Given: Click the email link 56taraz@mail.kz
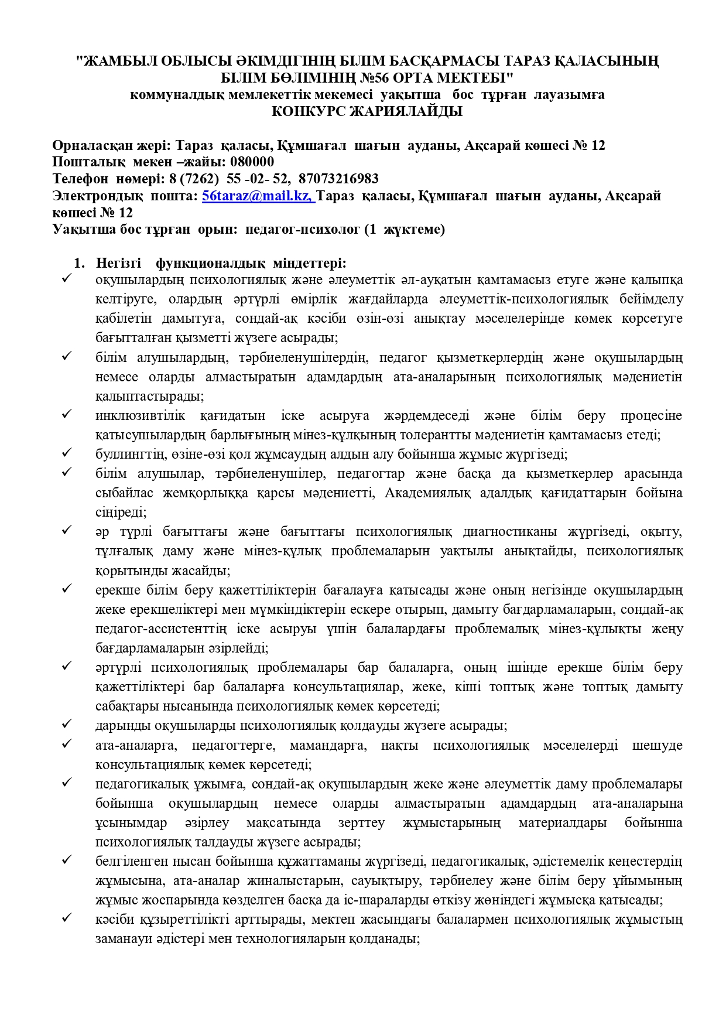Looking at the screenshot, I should click(x=257, y=196).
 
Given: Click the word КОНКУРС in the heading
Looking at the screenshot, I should click(x=309, y=111).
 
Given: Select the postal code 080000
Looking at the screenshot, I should click(x=252, y=162).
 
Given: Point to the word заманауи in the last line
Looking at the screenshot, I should click(x=124, y=939).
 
